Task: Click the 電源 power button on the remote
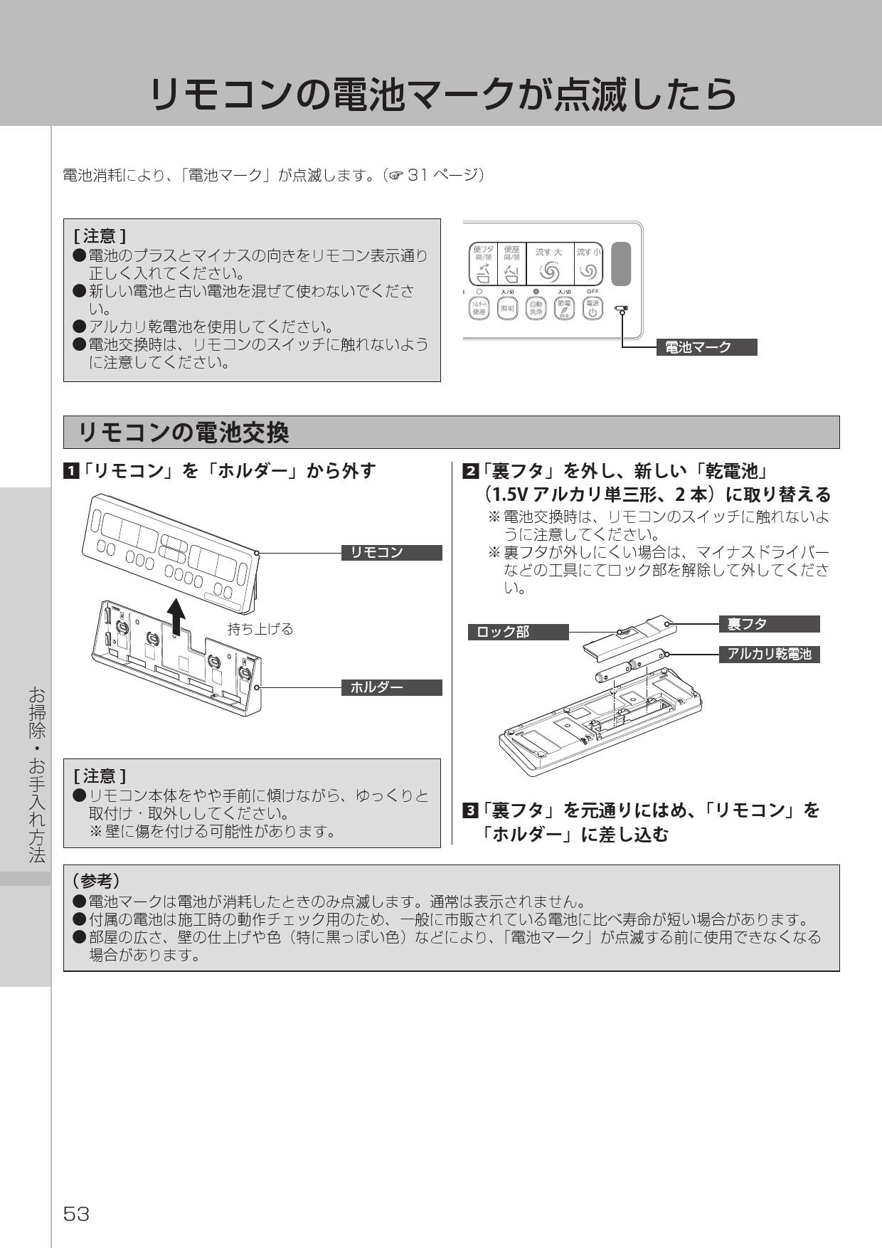(593, 308)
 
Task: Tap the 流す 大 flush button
(548, 264)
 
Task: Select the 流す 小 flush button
(589, 264)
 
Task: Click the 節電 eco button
(564, 308)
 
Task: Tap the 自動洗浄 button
(535, 308)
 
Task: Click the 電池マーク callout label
(706, 347)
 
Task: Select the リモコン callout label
(392, 553)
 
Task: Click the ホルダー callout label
(392, 687)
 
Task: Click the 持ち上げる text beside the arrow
(260, 629)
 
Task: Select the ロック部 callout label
(518, 632)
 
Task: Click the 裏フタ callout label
(769, 624)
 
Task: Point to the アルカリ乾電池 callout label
(769, 655)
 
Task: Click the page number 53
(76, 1214)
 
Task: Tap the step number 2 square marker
(470, 471)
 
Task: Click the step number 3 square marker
(470, 810)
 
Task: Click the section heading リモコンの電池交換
(184, 433)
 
